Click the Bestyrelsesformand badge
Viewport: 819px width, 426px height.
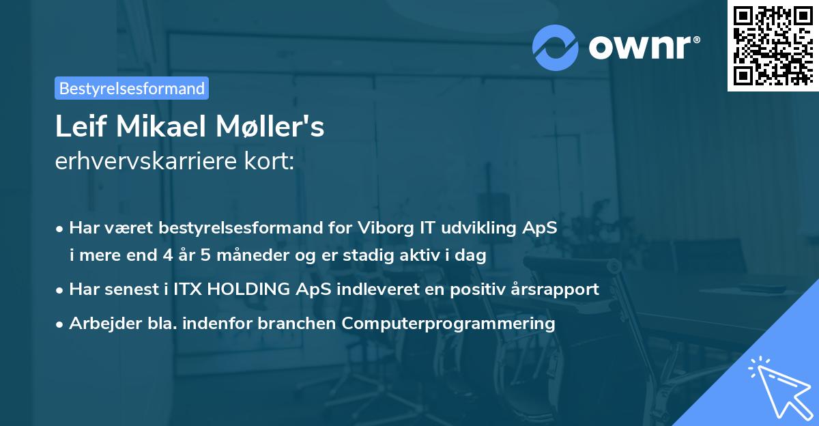click(x=131, y=88)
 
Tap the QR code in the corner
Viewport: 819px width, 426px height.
click(x=773, y=46)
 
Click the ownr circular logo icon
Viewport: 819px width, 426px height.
click(x=556, y=47)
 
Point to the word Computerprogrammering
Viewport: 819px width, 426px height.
click(x=448, y=324)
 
